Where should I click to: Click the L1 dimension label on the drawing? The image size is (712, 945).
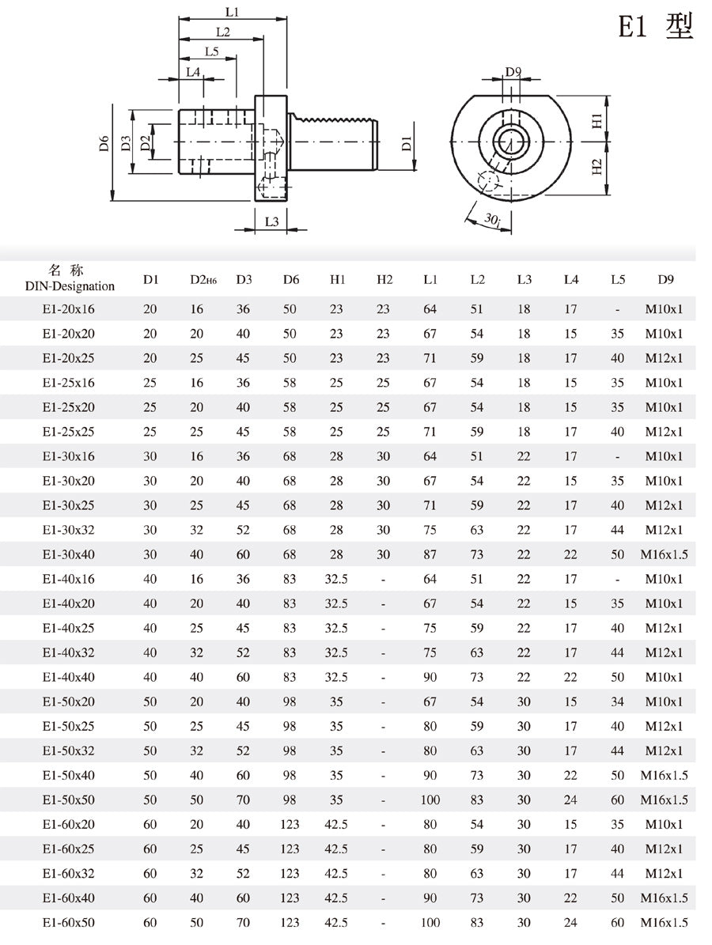(232, 12)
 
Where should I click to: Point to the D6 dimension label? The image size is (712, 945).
(104, 144)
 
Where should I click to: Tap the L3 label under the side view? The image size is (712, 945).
(271, 222)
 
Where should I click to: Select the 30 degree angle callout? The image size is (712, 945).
(492, 219)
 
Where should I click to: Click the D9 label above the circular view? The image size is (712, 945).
(513, 73)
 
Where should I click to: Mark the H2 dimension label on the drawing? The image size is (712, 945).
(598, 168)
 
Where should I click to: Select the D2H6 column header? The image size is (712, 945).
(203, 280)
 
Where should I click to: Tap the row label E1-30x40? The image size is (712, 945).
(68, 554)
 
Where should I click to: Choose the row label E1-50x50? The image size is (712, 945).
(68, 799)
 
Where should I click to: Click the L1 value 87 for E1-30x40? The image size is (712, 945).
(430, 554)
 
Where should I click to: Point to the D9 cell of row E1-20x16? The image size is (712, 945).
(664, 309)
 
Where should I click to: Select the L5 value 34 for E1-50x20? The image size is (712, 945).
(618, 701)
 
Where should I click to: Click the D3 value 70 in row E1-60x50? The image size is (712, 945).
(244, 922)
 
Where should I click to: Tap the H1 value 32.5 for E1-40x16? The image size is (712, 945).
(336, 579)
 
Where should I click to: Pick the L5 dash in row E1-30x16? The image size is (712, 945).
(618, 456)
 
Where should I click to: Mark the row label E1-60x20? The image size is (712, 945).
(68, 824)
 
